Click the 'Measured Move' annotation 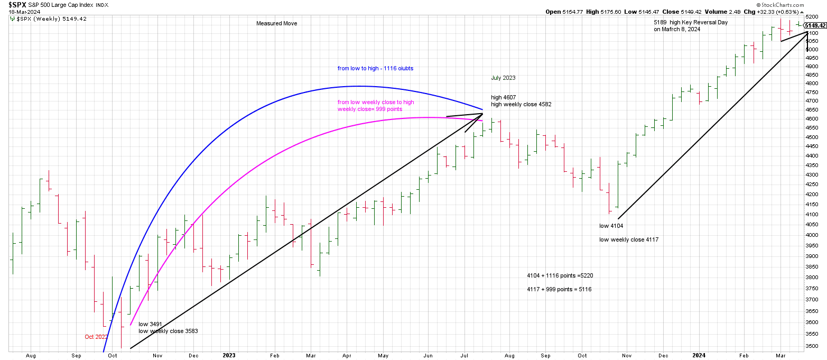click(276, 23)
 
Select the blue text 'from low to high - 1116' click(376, 68)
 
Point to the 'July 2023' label click(503, 78)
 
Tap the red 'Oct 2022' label click(96, 337)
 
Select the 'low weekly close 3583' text click(168, 331)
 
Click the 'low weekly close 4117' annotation click(629, 239)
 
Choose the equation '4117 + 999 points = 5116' click(559, 289)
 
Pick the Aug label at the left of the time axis click(30, 356)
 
